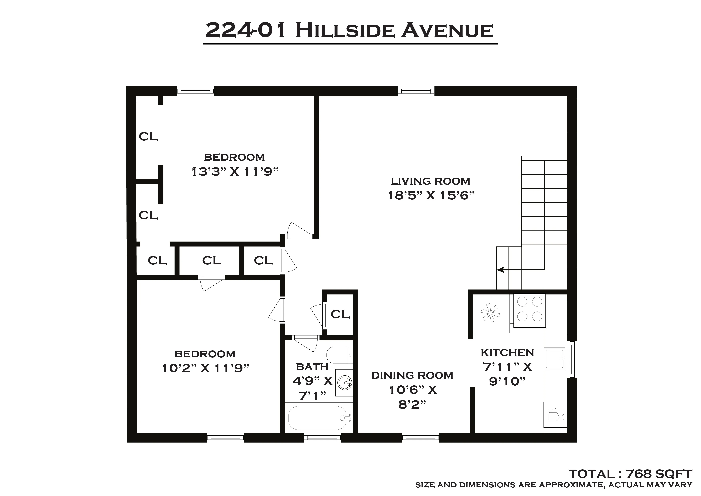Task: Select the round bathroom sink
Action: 345,382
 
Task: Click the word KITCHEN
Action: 507,353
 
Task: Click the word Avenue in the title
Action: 447,31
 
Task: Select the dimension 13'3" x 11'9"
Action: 235,172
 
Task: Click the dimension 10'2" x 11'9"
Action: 205,368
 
